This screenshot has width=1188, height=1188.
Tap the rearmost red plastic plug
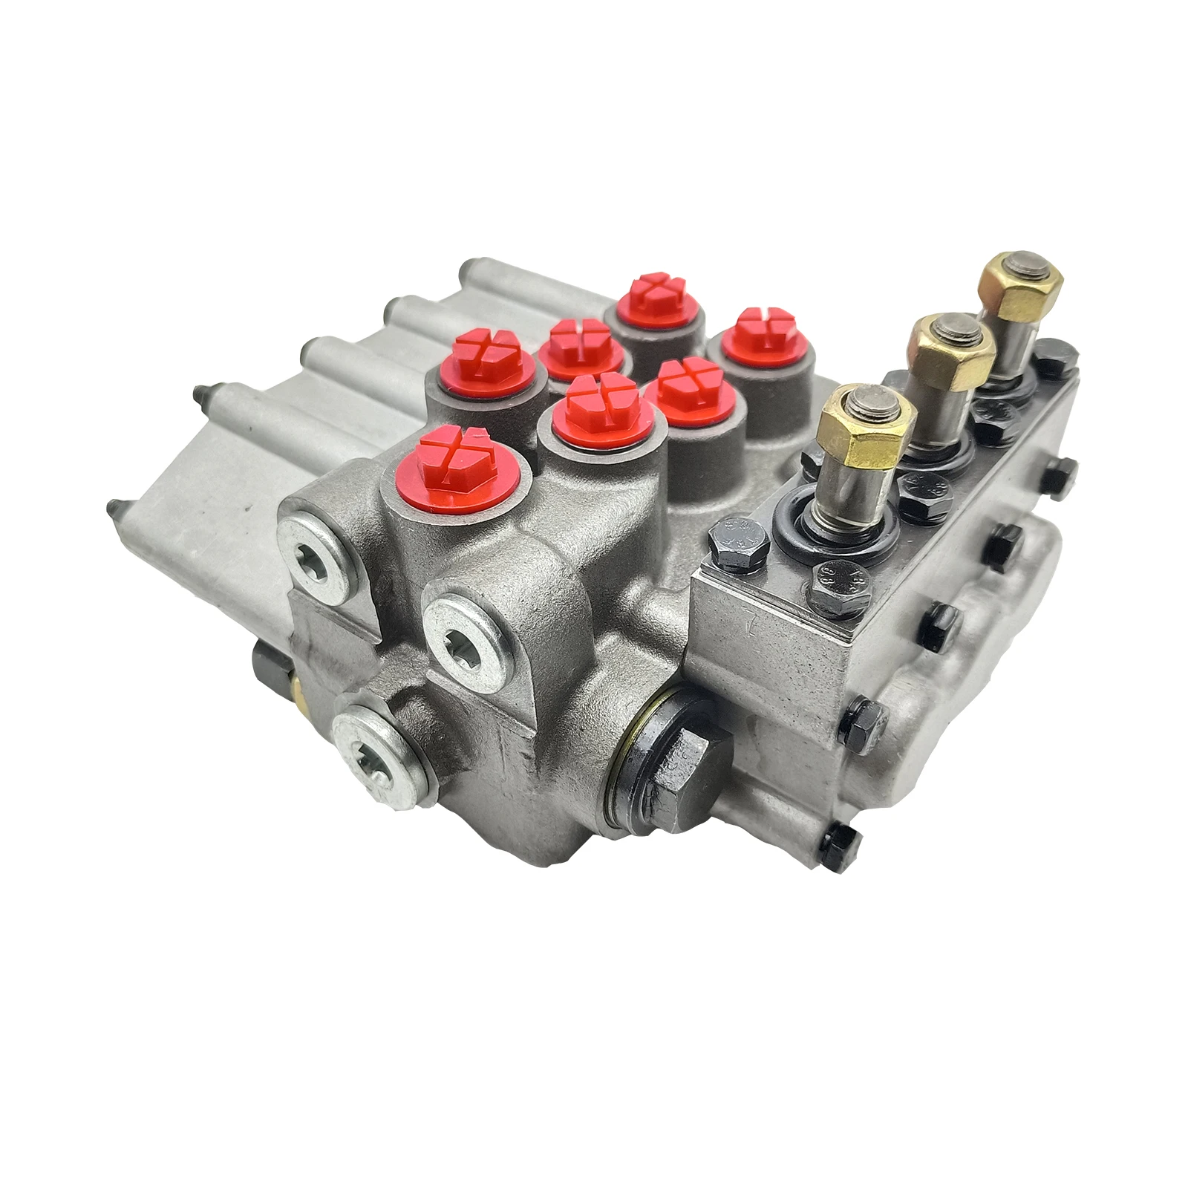pyautogui.click(x=653, y=295)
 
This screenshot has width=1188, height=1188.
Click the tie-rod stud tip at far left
pyautogui.click(x=113, y=509)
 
